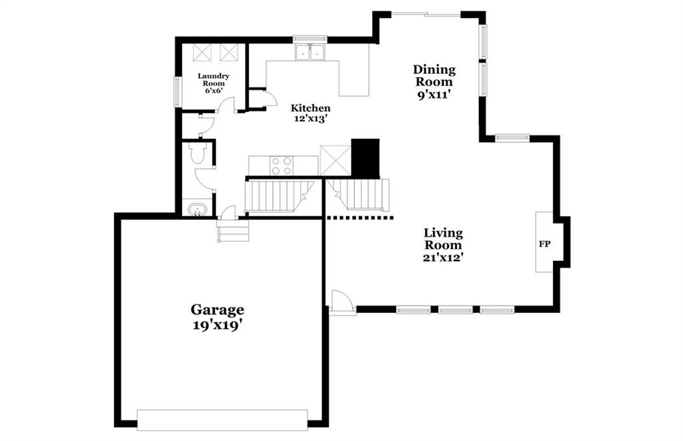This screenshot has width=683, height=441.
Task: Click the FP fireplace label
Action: point(544,244)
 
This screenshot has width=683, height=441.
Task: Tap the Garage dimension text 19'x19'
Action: point(217,326)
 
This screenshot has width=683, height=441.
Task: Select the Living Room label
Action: point(444,239)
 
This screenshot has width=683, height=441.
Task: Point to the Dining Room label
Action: point(434,75)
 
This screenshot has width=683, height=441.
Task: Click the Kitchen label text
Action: point(311,108)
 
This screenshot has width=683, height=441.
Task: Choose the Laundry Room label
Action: point(213,79)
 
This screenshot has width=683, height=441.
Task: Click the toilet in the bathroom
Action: point(197,153)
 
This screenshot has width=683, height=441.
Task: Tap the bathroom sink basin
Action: point(197,209)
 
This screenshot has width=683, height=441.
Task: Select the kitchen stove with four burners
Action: point(281,165)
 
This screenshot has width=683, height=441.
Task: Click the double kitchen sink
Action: point(309,52)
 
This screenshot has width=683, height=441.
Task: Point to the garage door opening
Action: point(222,420)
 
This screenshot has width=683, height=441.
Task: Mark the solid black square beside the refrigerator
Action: point(365,159)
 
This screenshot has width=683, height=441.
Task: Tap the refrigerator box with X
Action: point(335,160)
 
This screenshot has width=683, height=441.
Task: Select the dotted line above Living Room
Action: point(360,217)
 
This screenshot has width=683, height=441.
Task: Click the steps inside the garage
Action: point(233,231)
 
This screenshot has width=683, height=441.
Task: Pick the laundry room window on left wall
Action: point(177,91)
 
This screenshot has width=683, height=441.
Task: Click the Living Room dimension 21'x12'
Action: point(443,258)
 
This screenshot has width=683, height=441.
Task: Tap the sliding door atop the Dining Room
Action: point(426,15)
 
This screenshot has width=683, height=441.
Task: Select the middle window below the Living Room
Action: point(455,310)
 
